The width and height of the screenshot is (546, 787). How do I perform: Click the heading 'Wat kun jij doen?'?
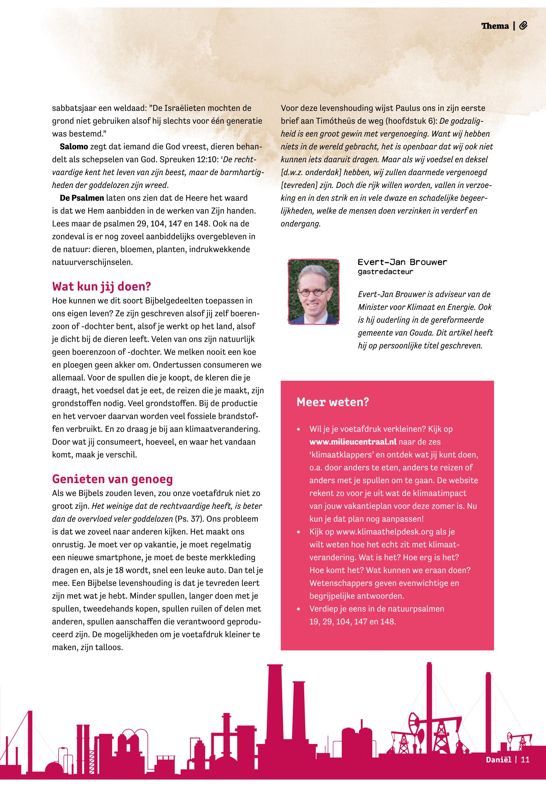(101, 286)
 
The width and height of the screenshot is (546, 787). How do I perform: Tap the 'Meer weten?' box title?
(333, 402)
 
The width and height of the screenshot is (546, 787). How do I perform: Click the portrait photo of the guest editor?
(313, 292)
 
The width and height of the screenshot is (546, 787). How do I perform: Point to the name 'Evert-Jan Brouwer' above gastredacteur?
(402, 262)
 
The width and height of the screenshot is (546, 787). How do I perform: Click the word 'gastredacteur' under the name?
(385, 272)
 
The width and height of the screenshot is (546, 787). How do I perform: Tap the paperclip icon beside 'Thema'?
(523, 26)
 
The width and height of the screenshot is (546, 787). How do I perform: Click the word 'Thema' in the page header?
(495, 26)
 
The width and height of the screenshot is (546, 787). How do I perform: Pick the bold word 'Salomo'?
(74, 147)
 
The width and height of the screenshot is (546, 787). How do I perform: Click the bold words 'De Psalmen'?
(82, 198)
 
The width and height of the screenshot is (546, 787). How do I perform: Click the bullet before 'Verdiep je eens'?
(299, 609)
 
